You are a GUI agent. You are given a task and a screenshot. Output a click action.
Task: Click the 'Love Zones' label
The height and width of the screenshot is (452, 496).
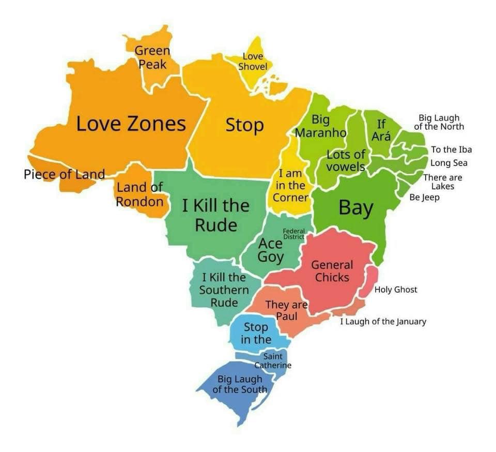[x=131, y=124]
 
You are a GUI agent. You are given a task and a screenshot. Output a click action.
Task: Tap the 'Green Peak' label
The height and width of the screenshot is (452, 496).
[x=152, y=57]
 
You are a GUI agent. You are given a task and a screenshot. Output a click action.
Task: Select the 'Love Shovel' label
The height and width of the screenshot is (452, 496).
[x=253, y=62]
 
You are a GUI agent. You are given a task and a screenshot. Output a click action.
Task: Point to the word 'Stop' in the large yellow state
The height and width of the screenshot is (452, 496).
[x=244, y=125]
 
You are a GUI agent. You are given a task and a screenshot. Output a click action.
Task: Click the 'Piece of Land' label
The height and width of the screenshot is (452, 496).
[x=64, y=174]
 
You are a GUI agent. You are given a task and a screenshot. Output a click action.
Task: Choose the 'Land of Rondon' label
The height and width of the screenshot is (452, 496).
[x=139, y=194]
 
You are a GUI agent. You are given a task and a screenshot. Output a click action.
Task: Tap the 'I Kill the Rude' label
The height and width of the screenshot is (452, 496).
[x=215, y=215]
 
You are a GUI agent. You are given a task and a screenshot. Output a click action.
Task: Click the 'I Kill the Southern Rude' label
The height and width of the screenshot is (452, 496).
[x=224, y=290]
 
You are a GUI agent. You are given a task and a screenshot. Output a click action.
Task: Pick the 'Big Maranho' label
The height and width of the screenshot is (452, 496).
[x=320, y=126]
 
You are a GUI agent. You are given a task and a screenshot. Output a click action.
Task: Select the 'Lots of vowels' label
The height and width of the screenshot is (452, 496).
[x=346, y=160]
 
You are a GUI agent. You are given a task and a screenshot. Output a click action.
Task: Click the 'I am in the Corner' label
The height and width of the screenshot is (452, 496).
[x=290, y=186]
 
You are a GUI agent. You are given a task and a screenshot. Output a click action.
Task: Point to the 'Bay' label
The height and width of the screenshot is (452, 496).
[x=355, y=208]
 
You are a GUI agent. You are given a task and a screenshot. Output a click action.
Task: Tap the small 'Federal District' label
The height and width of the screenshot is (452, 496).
[x=293, y=234]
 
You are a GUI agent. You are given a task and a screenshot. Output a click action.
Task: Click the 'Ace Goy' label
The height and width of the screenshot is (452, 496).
[x=270, y=250]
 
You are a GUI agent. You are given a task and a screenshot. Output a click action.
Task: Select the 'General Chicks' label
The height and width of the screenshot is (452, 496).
[x=332, y=271]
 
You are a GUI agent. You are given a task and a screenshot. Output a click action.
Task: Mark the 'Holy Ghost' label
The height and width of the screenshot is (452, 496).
[x=395, y=290]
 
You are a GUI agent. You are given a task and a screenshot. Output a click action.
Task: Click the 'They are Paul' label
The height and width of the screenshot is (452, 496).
[x=286, y=310]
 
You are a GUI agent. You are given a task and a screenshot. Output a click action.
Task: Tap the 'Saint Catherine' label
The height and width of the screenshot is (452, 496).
[x=272, y=360]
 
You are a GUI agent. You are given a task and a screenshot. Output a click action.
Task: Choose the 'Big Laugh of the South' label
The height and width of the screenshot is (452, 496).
[x=239, y=384]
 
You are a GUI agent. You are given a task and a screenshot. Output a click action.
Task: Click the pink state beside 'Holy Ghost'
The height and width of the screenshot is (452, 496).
[x=368, y=282]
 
